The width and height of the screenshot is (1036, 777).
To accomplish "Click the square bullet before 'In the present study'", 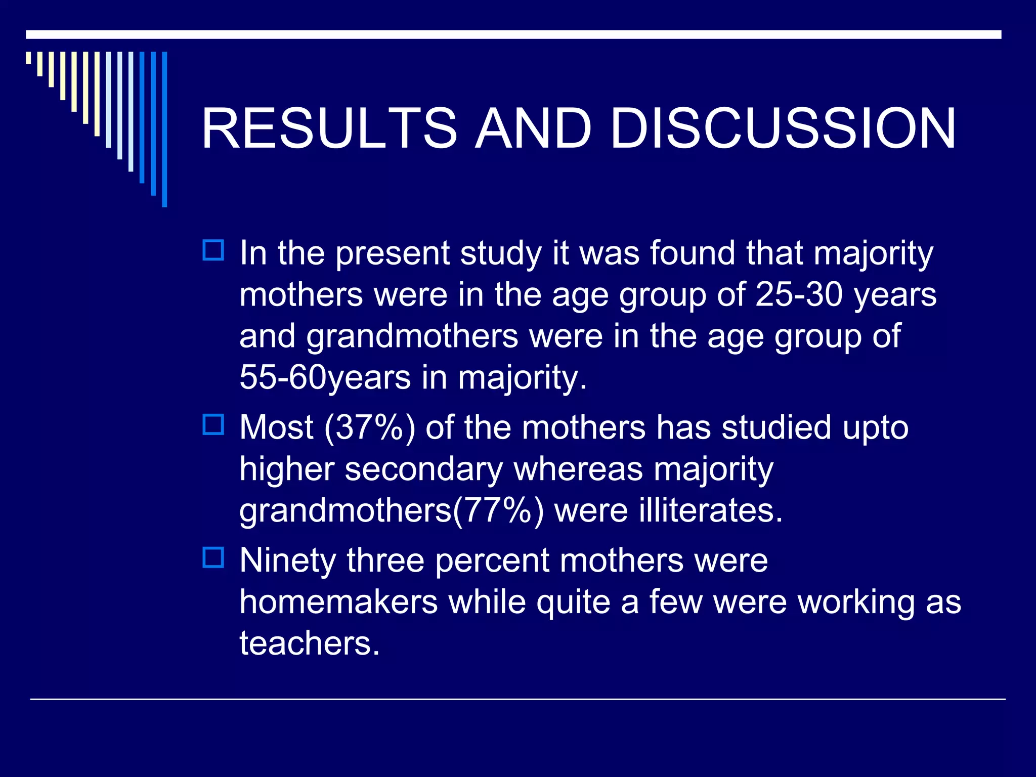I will pos(213,250).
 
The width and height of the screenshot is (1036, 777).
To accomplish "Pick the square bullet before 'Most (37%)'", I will pos(213,424).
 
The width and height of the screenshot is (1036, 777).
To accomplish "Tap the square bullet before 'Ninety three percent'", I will pos(213,557).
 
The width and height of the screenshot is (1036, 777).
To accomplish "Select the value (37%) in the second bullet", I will pos(369,427).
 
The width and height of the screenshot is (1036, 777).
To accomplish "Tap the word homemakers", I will pos(338,602).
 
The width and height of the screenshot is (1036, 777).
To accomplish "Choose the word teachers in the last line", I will pos(309,643).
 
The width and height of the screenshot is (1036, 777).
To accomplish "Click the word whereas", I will pos(578,469).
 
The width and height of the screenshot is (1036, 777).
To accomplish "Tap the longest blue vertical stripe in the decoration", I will pos(164,129).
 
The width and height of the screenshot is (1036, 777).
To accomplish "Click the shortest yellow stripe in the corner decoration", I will pos(28,58).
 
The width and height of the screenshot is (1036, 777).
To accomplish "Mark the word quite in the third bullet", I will pos(573,602).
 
